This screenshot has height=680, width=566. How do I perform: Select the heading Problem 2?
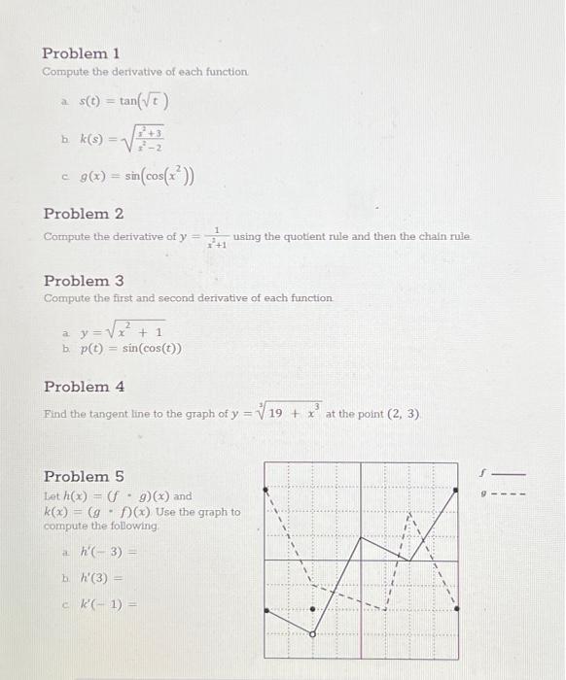[84, 214]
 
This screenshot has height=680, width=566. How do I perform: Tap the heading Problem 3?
[84, 281]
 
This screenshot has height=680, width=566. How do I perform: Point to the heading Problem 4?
[84, 387]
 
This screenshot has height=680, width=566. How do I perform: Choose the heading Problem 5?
[84, 476]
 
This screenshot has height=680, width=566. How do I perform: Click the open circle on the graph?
[312, 633]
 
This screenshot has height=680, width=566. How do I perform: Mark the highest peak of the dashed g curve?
[409, 512]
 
